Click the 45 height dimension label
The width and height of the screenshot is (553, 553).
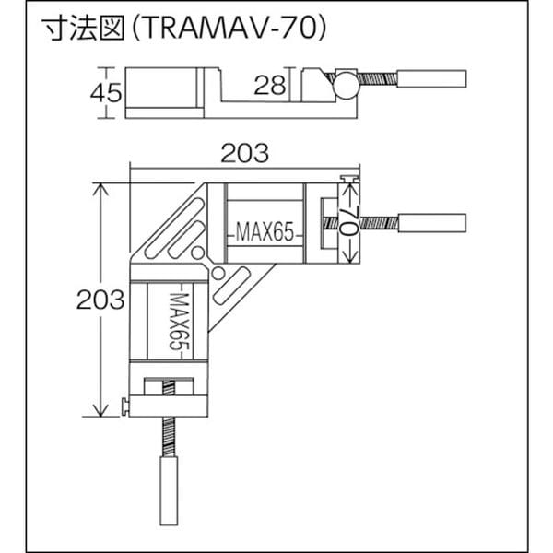(106, 93)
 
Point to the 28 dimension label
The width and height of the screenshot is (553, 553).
(270, 86)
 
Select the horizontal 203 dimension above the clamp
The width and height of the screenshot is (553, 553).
(245, 153)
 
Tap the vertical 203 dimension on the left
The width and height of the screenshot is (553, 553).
(100, 300)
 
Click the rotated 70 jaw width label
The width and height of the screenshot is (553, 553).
(349, 220)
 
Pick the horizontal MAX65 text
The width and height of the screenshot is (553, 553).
(265, 232)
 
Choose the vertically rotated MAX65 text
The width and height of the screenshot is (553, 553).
(179, 322)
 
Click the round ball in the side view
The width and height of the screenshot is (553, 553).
(346, 86)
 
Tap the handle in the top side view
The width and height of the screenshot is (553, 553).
(432, 78)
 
